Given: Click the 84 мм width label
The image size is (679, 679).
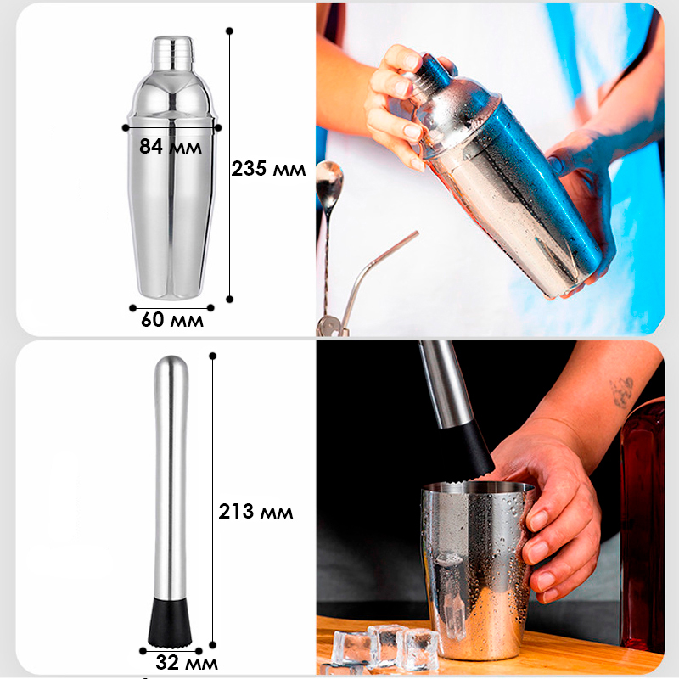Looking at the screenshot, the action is click(x=171, y=146).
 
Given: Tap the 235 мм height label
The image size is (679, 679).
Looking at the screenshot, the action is click(x=268, y=168).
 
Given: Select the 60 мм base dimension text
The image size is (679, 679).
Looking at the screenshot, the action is click(x=172, y=320).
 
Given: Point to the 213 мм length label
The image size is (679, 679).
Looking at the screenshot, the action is click(x=255, y=512).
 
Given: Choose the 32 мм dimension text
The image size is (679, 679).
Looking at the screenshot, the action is click(x=187, y=663).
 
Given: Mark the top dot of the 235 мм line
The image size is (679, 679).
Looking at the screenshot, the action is click(x=229, y=31).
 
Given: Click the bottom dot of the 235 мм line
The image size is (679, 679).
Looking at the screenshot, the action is click(x=229, y=300).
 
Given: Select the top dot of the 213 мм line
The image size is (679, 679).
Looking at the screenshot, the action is click(x=212, y=356).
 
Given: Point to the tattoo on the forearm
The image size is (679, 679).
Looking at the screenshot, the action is click(x=622, y=392).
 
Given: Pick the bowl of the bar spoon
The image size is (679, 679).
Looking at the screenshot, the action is click(x=328, y=181).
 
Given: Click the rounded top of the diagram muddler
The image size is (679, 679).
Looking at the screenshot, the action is click(x=171, y=366).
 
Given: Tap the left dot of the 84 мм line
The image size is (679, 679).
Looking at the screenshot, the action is click(x=126, y=128).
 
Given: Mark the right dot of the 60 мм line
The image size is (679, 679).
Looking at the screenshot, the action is click(x=210, y=308).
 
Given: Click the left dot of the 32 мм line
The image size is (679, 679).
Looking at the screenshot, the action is click(x=143, y=651).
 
